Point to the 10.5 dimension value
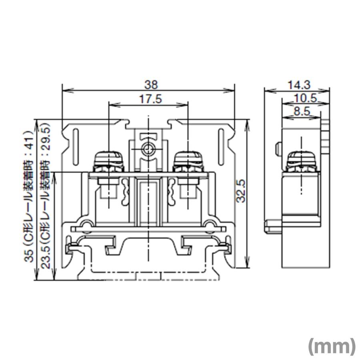click(305, 98)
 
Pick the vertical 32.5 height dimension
click(240, 192)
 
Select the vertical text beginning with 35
click(28, 196)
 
